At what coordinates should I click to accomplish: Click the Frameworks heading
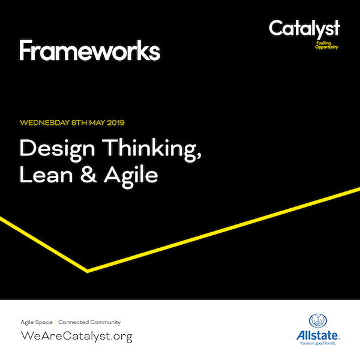(x=90, y=50)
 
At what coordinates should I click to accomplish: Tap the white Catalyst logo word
(x=304, y=29)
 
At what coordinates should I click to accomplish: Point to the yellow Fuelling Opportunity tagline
(x=326, y=45)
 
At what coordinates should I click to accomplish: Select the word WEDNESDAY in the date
(x=44, y=122)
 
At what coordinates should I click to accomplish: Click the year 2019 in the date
(x=116, y=122)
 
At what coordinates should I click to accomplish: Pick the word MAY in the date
(x=97, y=122)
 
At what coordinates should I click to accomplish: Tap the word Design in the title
(x=57, y=149)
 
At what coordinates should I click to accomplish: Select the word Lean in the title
(x=46, y=175)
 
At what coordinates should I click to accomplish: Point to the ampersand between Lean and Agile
(x=88, y=175)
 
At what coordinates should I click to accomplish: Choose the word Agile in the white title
(x=131, y=176)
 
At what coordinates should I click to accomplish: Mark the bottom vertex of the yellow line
(x=88, y=271)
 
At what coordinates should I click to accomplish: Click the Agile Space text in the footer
(x=37, y=322)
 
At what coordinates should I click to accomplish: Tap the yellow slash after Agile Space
(x=55, y=322)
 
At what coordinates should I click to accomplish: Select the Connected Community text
(x=89, y=322)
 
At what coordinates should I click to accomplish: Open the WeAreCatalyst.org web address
(x=77, y=337)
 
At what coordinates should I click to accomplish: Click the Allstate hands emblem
(x=318, y=320)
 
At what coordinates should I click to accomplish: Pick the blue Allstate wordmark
(x=318, y=335)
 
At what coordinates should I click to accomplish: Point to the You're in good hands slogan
(x=318, y=343)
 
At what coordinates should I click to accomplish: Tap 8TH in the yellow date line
(x=79, y=122)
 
